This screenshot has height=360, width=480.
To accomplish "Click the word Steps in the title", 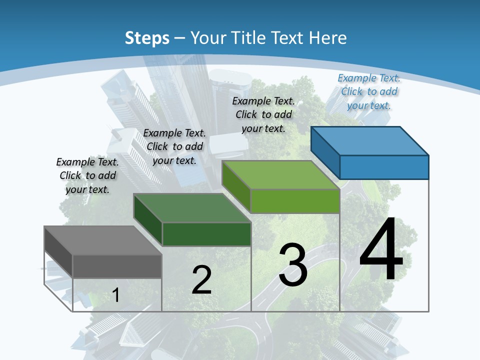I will pos(147,38).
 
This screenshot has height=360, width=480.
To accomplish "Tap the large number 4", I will pos(381,250).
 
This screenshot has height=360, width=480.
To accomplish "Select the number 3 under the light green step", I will pos(293,265).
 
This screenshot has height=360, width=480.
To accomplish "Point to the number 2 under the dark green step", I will pos(201,280).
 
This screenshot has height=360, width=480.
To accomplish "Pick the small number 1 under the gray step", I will pos(115,295).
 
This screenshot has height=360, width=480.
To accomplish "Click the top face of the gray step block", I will pos(102,240).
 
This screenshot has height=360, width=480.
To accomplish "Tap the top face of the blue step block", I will pos(370,140).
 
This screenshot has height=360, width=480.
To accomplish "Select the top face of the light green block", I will pos(281,175).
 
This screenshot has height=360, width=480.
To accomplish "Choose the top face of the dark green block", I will pos(192,207).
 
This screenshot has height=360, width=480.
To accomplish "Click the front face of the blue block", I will pos(384,167).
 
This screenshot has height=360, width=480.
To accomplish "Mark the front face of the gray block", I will pos(117,266).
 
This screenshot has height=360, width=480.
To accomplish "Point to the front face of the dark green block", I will pos(206,234).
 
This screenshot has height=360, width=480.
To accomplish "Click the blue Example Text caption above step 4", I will pos(369,91).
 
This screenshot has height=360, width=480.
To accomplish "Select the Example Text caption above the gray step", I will pos(87,175).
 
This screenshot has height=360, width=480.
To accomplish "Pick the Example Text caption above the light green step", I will pos(264,114).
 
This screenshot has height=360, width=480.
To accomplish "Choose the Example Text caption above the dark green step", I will pos(174,146).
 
